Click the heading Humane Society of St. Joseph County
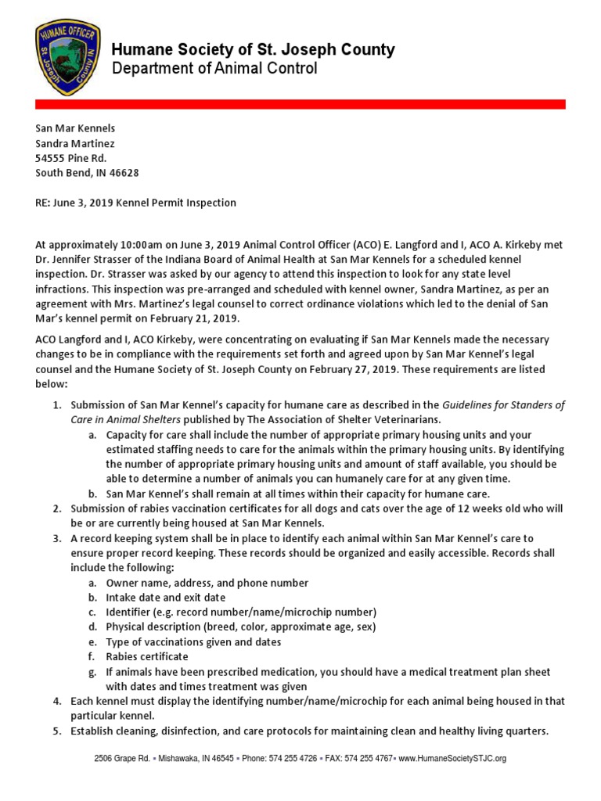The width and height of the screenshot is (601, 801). [x=253, y=50]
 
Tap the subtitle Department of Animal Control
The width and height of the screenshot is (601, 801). [x=214, y=70]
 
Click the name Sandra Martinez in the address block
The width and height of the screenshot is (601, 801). [x=75, y=143]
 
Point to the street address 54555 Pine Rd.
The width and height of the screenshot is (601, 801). [x=70, y=158]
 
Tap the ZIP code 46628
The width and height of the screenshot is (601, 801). [x=124, y=173]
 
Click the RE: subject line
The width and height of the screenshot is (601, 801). [x=135, y=203]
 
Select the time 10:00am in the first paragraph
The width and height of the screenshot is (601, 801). [x=125, y=246]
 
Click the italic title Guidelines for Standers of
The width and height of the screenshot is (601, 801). [x=503, y=405]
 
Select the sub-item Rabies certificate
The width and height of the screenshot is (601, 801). [x=147, y=656]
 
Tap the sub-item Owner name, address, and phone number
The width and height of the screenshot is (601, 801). [x=207, y=583]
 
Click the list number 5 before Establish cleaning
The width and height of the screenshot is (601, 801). [x=57, y=731]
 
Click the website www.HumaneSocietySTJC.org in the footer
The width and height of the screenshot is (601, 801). [x=452, y=759]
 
